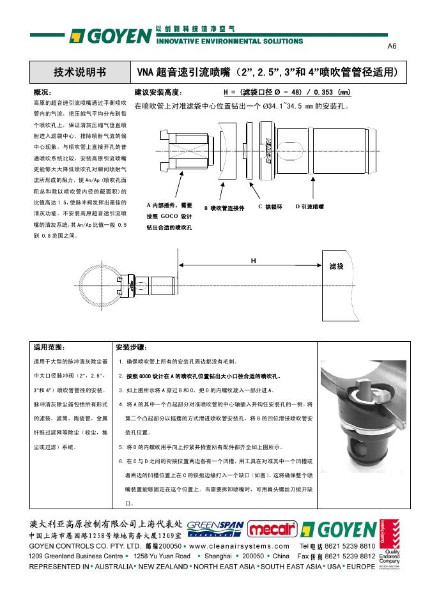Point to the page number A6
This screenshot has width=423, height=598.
click(x=392, y=47)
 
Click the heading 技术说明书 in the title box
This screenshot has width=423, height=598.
click(x=80, y=71)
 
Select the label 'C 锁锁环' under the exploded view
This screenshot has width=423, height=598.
click(x=270, y=206)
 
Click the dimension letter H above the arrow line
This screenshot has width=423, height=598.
click(x=253, y=261)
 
